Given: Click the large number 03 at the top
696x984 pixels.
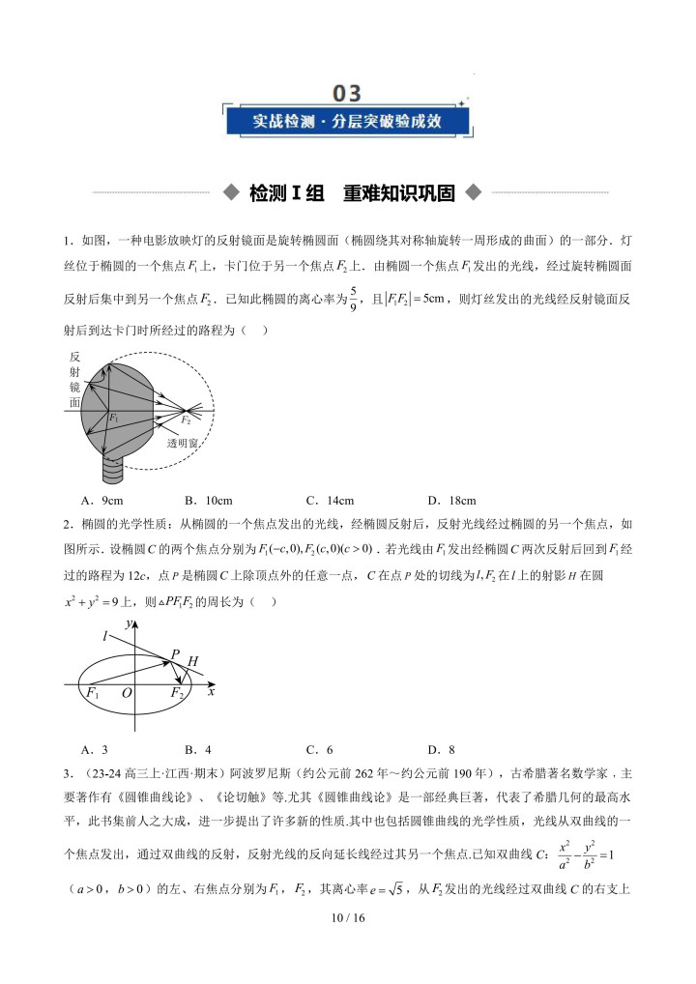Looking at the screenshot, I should point(347,93).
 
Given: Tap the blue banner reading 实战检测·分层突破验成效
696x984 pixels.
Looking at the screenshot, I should point(347,122).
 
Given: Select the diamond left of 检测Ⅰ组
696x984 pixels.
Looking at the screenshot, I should point(230,192).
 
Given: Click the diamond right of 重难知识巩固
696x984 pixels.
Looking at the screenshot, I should point(472,192).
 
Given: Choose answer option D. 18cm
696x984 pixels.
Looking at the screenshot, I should point(451,500).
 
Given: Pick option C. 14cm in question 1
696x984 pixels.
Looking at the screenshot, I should point(330,500).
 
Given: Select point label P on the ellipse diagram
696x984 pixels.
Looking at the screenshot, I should point(175,654).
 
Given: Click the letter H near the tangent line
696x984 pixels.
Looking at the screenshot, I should point(192,662).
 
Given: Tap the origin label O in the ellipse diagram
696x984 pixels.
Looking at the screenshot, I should point(127,693).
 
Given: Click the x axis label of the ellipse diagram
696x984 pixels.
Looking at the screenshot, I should point(210,692).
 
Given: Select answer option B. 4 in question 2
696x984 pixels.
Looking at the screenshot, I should point(197,749).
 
